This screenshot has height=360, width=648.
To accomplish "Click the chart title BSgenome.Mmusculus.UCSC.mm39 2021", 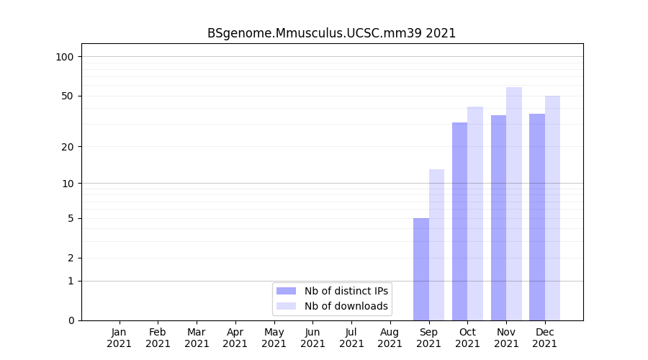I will [x=331, y=33].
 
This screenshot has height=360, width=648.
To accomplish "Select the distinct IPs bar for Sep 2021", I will [x=421, y=269].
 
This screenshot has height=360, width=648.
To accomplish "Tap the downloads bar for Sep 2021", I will [x=436, y=245].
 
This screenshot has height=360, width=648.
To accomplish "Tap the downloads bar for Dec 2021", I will [x=552, y=208].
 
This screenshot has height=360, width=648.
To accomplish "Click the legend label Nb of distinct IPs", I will [x=346, y=291].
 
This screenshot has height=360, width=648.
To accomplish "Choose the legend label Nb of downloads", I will [x=346, y=306].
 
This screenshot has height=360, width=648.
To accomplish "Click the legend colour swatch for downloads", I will [x=286, y=306].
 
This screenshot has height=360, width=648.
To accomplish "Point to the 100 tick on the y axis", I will [x=65, y=57].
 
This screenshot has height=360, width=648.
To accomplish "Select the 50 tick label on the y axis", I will [x=67, y=96].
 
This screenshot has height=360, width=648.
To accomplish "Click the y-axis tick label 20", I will [x=67, y=147].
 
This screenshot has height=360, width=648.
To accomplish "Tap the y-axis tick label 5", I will [x=70, y=218].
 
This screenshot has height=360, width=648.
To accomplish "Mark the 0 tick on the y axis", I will [x=70, y=320].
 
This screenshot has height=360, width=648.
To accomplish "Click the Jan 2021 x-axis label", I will [x=120, y=338].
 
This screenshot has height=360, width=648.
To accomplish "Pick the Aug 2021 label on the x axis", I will [x=390, y=338].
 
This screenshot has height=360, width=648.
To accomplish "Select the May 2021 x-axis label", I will [x=274, y=338].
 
